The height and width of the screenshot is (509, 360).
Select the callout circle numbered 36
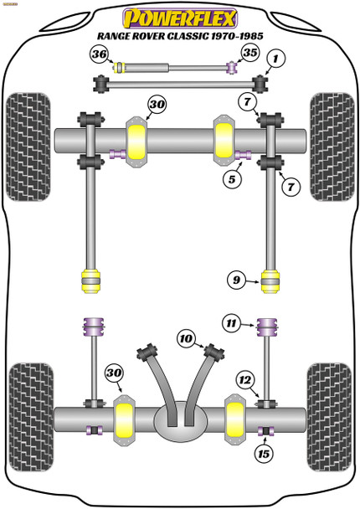99,54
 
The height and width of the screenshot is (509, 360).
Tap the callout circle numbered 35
248,54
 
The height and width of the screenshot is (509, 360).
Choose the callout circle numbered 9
236,281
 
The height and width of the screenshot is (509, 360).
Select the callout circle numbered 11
231,321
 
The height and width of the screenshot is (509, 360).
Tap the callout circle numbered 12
244,381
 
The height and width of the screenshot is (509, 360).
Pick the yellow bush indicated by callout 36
120,68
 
